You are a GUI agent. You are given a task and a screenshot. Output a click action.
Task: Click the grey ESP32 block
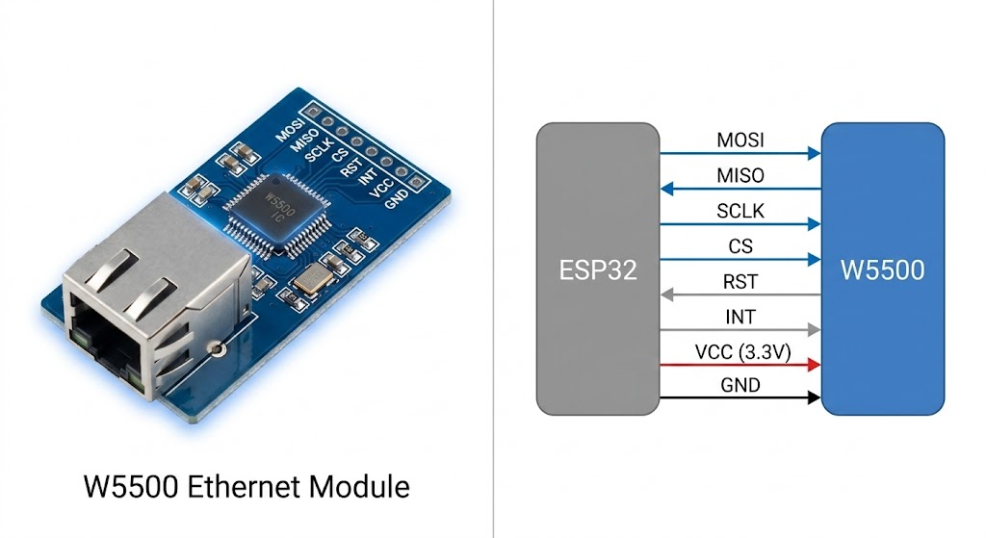coord(598,269)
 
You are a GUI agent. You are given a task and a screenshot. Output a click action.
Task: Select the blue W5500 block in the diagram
coord(882,269)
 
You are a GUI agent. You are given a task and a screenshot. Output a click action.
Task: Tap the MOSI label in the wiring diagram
coord(740,141)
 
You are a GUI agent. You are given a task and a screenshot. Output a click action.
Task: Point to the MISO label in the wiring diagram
coord(740,176)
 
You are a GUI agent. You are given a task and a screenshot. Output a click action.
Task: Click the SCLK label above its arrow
coord(740,212)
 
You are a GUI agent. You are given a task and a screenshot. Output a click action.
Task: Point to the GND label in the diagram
coord(740,386)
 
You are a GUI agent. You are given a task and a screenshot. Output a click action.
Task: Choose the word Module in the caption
coord(356,487)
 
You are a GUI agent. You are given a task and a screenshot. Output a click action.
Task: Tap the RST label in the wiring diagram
coord(740,282)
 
